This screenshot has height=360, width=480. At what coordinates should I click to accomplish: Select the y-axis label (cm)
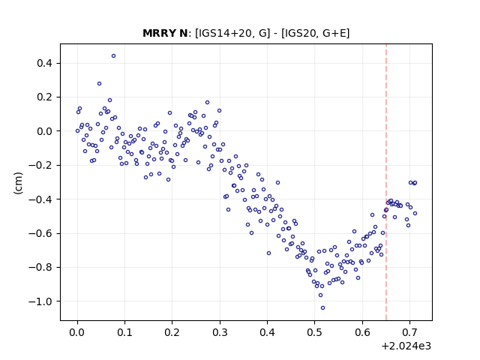(x=18, y=183)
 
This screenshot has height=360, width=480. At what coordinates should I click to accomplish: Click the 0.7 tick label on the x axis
(x=409, y=332)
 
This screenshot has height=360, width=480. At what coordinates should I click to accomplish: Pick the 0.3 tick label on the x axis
(x=220, y=332)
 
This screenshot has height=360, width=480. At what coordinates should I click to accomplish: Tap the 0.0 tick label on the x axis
(x=77, y=332)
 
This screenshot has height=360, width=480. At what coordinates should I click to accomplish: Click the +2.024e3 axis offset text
(x=406, y=346)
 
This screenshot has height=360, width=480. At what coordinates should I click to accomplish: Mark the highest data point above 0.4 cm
(x=113, y=56)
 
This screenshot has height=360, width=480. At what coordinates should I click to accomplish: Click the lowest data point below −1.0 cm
(x=322, y=308)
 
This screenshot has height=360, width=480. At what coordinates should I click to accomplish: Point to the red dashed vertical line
(x=386, y=182)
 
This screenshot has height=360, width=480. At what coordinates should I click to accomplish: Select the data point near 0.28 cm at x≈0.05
(x=99, y=83)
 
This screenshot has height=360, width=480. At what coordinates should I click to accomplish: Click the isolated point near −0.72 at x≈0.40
(x=268, y=253)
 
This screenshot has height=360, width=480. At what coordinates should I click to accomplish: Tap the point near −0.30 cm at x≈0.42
(x=277, y=183)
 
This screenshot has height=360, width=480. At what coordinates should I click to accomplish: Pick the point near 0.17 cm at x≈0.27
(x=207, y=103)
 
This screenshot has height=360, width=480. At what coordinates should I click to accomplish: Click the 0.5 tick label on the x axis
(x=314, y=332)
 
